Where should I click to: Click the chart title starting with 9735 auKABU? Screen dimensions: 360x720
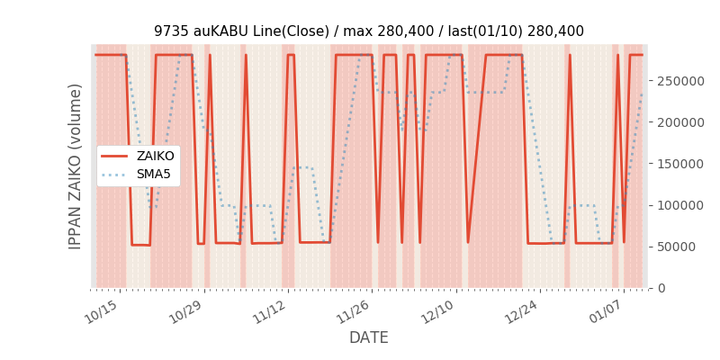point(368,31)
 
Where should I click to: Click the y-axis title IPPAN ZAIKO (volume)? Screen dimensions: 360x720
point(76,166)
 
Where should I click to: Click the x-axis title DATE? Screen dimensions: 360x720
point(368,338)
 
